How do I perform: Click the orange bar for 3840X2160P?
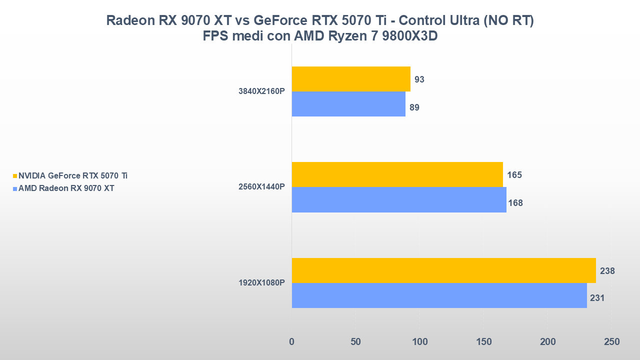(351, 79)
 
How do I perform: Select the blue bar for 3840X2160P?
(348, 104)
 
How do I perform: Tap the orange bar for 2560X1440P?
(397, 174)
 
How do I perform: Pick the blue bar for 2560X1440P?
(399, 200)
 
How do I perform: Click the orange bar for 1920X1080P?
(443, 270)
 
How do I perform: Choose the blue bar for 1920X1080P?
(439, 295)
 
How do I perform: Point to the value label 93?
(419, 79)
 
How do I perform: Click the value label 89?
(414, 107)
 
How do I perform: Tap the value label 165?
(514, 175)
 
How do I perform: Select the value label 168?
(515, 203)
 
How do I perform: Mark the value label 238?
(607, 271)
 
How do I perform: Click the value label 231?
(597, 298)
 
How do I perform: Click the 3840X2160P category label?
(261, 91)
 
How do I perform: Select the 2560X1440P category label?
(261, 187)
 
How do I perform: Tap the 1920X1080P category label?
(261, 282)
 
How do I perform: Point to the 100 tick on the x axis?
(419, 342)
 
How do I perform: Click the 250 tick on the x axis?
(611, 342)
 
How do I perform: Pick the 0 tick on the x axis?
(292, 342)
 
